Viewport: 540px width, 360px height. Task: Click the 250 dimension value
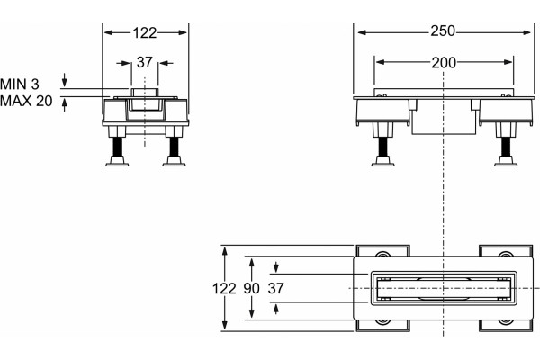(x=443, y=31)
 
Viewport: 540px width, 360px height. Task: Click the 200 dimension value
(x=444, y=63)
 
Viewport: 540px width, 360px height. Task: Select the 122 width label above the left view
(x=145, y=32)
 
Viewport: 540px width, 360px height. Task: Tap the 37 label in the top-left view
(x=144, y=62)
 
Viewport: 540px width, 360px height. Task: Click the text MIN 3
(x=20, y=84)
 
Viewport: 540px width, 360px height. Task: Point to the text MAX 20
(x=26, y=101)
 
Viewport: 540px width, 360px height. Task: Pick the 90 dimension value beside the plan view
(x=251, y=288)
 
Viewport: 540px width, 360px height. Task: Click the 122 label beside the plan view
(x=224, y=288)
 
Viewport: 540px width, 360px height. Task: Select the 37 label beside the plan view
(x=276, y=288)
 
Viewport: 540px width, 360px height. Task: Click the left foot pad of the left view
(x=117, y=162)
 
